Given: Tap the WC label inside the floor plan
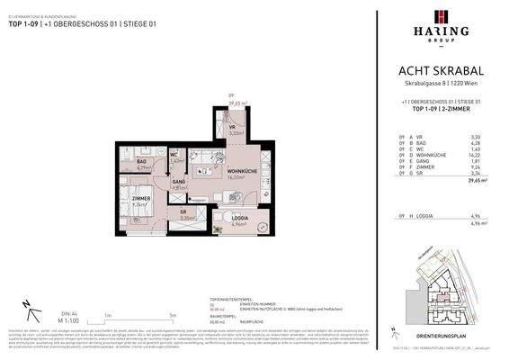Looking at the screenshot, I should coord(177,155).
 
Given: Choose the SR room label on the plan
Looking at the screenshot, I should coord(184,211).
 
